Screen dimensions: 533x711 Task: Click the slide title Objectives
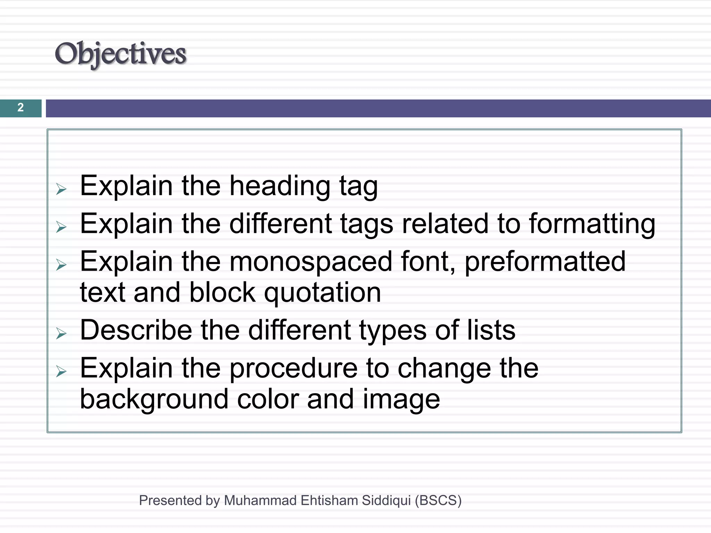[x=120, y=54]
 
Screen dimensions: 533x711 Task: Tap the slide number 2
[x=20, y=108]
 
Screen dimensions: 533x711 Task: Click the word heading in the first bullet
[x=279, y=186]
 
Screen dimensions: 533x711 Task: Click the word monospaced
[x=311, y=262]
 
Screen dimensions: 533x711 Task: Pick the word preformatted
[x=545, y=262]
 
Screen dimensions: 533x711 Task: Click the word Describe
[x=136, y=330]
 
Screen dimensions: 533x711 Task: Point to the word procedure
[x=293, y=369]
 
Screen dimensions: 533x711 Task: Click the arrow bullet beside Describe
[x=61, y=333]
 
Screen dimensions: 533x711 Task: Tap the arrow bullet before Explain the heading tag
[x=61, y=189]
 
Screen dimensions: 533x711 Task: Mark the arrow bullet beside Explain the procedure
[x=61, y=372]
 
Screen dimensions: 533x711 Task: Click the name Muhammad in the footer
[x=260, y=500]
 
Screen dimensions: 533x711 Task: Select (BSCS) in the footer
[x=438, y=500]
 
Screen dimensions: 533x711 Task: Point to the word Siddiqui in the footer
[x=386, y=500]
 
